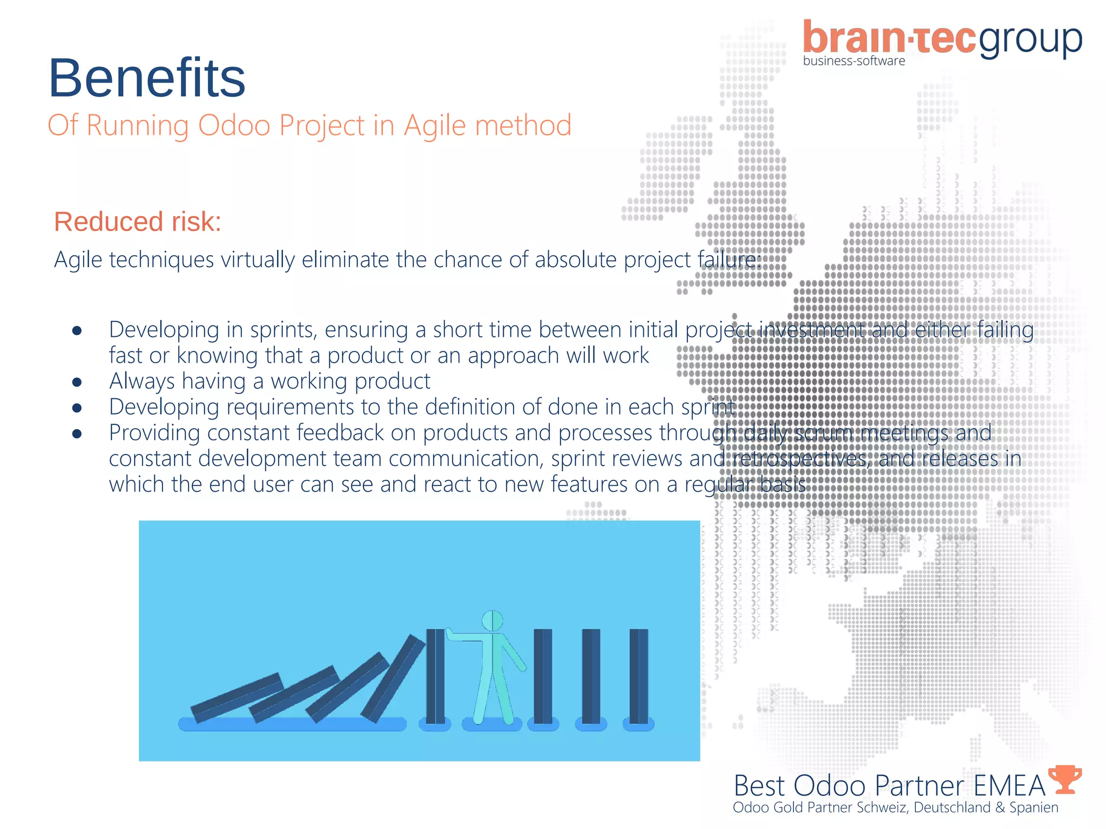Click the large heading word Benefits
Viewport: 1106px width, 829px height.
pyautogui.click(x=147, y=78)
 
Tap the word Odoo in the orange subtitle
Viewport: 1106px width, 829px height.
pyautogui.click(x=234, y=125)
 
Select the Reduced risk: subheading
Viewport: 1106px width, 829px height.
pyautogui.click(x=138, y=222)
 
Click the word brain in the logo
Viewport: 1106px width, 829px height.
pyautogui.click(x=853, y=39)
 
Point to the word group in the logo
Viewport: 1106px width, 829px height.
pyautogui.click(x=1030, y=40)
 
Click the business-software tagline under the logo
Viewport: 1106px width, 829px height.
pyautogui.click(x=854, y=61)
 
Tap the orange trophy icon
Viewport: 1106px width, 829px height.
pyautogui.click(x=1064, y=779)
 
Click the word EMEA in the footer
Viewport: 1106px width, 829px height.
pyautogui.click(x=1009, y=786)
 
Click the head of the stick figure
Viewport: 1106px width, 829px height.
pyautogui.click(x=492, y=621)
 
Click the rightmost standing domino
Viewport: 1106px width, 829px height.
pyautogui.click(x=638, y=676)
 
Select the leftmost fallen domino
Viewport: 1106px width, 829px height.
pyautogui.click(x=237, y=697)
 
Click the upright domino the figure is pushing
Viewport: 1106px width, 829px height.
pyautogui.click(x=435, y=676)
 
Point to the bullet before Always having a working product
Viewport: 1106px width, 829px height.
pyautogui.click(x=77, y=382)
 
